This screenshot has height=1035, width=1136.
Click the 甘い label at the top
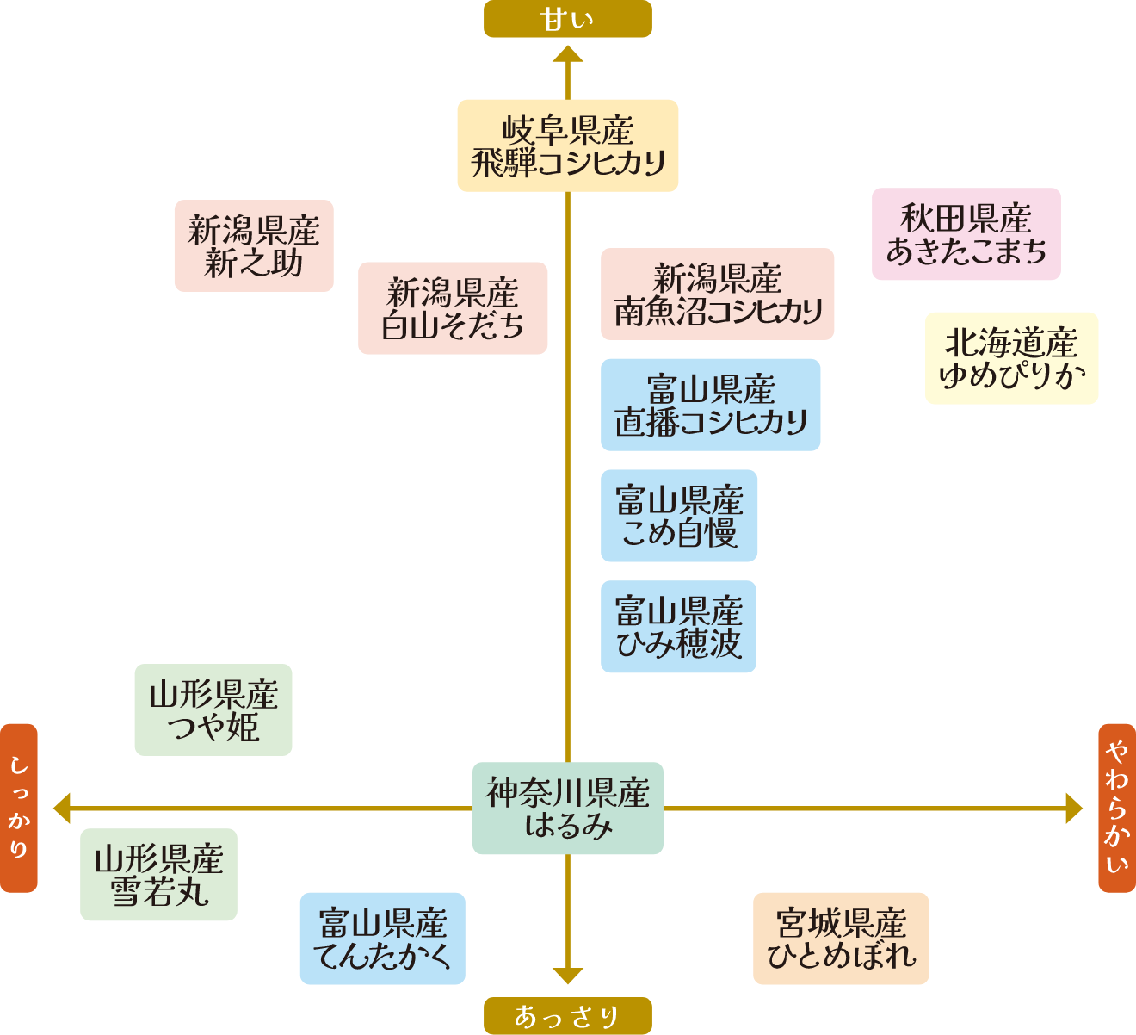pyautogui.click(x=567, y=19)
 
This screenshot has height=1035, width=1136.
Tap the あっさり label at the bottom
pyautogui.click(x=567, y=1016)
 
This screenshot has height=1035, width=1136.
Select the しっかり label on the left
pyautogui.click(x=19, y=808)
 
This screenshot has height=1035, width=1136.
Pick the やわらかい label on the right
pyautogui.click(x=1117, y=808)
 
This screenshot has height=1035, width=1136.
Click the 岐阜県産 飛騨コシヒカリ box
pyautogui.click(x=567, y=146)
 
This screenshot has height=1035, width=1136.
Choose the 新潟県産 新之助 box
pyautogui.click(x=254, y=246)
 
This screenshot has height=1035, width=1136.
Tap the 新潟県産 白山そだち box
pyautogui.click(x=453, y=308)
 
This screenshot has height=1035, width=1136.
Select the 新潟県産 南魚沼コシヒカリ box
pyautogui.click(x=717, y=294)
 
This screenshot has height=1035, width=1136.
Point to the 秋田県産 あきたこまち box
pyautogui.click(x=966, y=234)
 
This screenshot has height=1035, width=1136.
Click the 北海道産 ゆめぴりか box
pyautogui.click(x=1011, y=358)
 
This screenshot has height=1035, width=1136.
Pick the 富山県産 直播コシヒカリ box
pyautogui.click(x=710, y=405)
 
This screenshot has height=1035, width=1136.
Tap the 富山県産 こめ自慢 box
pyautogui.click(x=679, y=516)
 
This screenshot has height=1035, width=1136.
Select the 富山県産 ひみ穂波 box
pyautogui.click(x=678, y=627)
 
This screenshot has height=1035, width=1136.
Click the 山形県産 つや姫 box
pyautogui.click(x=213, y=710)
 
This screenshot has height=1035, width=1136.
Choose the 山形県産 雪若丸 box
pyautogui.click(x=158, y=875)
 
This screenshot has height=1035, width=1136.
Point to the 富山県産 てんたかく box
pyautogui.click(x=382, y=939)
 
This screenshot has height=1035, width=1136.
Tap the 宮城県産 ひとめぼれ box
pyautogui.click(x=841, y=939)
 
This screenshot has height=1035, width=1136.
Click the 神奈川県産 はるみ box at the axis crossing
pyautogui.click(x=567, y=809)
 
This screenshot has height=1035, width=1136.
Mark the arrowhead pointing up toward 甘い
pyautogui.click(x=568, y=55)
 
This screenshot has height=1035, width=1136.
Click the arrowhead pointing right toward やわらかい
pyautogui.click(x=1073, y=809)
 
